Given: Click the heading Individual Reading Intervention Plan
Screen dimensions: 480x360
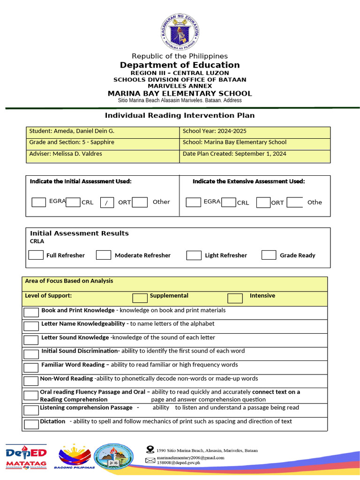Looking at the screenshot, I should pos(180,115).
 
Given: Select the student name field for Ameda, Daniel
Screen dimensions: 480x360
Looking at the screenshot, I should pos(72,131).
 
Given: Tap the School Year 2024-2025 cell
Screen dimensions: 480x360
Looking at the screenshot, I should pos(214,131).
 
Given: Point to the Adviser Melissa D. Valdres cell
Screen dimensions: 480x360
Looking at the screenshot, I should pos(66,154).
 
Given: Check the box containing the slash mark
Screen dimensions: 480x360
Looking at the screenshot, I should pos(107,202).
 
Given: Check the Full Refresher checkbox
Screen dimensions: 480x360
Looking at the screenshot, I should pos(36,255).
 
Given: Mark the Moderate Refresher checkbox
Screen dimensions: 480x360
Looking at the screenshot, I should pos(104,255).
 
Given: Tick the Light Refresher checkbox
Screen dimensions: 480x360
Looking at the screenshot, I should pos(194,255).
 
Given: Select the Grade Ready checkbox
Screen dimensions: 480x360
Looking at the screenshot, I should pos(269,255).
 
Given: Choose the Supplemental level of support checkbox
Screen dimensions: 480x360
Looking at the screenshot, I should pos(140,298).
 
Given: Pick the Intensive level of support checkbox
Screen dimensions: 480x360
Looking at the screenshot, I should pos(235,298).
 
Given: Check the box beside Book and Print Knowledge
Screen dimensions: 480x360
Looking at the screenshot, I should pos(31,313).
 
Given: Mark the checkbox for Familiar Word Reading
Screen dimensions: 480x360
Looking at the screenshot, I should pos(31,367).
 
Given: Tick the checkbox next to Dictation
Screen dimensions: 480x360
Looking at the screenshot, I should pos(31,424).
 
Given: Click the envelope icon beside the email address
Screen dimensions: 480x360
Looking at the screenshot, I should pos(150,460).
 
